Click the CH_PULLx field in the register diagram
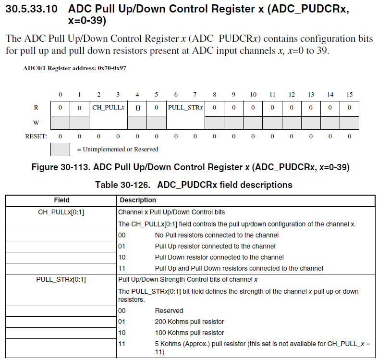coord(108,108)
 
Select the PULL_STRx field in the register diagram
coord(185,108)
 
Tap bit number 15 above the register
coord(349,94)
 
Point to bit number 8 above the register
coord(214,94)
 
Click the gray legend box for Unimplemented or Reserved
coord(60,149)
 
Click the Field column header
coord(61,200)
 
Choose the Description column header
coord(138,200)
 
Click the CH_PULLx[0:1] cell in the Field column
coord(61,212)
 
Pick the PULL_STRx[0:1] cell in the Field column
coord(61,279)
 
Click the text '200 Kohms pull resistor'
coord(189,322)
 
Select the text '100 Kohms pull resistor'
coord(189,333)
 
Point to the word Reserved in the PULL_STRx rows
coord(169,310)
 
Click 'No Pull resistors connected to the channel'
coord(217,235)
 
